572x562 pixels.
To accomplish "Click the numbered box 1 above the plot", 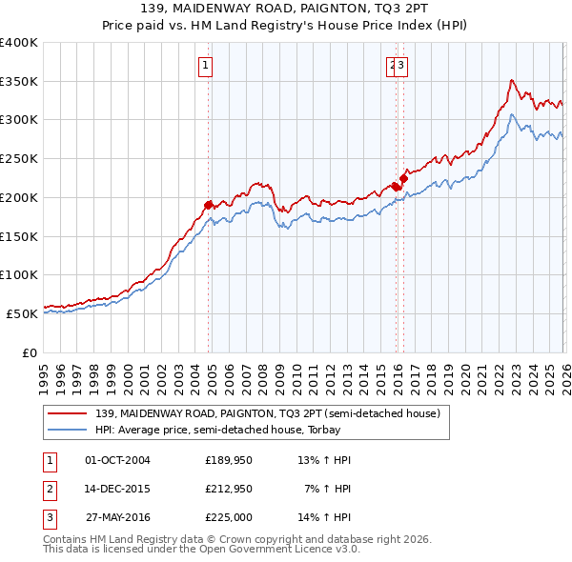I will pos(206,66).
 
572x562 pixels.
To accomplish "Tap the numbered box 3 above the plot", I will pos(402,66).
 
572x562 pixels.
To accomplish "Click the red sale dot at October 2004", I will pos(208,205).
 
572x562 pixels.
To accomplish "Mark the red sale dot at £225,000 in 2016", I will pos(403,177).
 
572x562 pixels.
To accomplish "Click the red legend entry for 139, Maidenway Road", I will pos(267,413).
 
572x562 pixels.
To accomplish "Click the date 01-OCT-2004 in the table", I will pos(117,460).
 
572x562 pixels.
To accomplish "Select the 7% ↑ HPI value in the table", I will pos(328,489).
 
